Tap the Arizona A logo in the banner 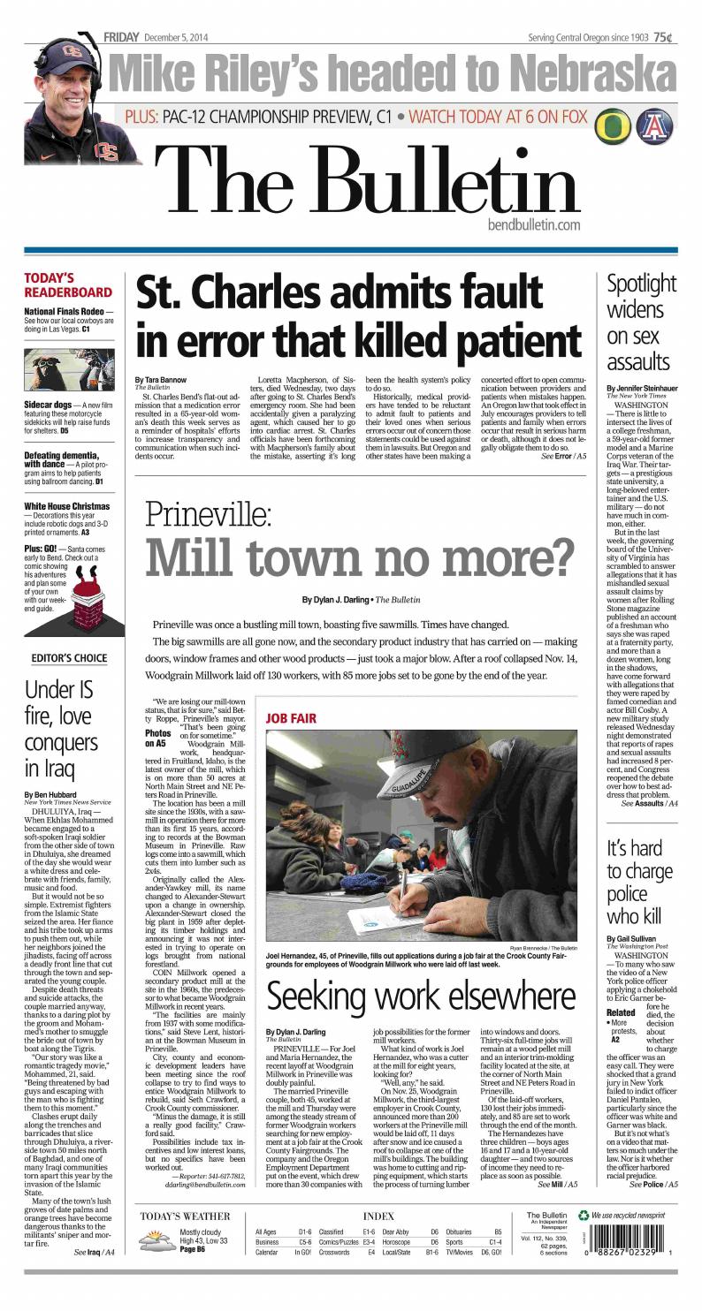pos(655,126)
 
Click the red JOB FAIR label pos(292,718)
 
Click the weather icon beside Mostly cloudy pos(157,1241)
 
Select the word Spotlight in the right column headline pos(641,284)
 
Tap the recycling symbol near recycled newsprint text pos(583,1216)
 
